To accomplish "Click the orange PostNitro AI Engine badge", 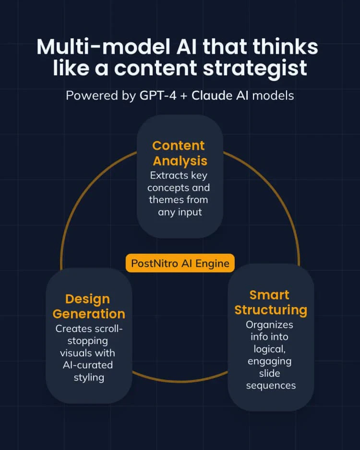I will click(180, 263).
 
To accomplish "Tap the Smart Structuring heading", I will click(270, 302).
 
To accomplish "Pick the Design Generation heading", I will click(89, 306).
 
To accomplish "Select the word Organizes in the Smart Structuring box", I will click(269, 325).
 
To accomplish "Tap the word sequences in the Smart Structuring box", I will click(271, 386).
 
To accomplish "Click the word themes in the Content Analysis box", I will click(163, 200).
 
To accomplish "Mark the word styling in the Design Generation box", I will click(89, 377).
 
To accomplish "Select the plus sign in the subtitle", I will click(184, 95).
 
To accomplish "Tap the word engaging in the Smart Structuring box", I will click(270, 361).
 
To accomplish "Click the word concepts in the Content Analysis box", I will click(166, 188).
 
